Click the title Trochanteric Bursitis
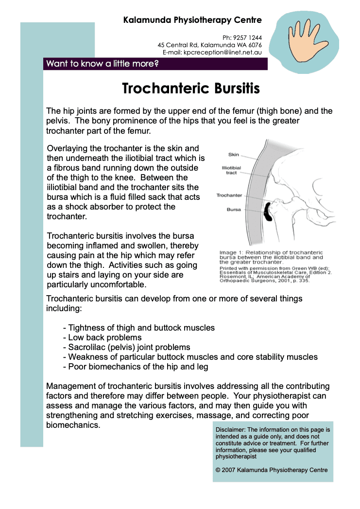click(191, 89)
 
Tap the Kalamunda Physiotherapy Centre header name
click(192, 20)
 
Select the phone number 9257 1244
click(249, 37)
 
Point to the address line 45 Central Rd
click(209, 45)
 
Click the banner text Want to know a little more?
click(102, 64)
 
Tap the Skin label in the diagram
click(233, 155)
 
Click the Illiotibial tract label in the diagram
click(231, 170)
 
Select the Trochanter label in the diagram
click(229, 195)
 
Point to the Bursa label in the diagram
click(234, 210)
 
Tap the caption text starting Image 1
click(271, 257)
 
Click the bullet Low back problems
click(103, 337)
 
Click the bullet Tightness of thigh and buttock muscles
click(139, 328)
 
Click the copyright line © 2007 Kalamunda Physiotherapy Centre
click(272, 470)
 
